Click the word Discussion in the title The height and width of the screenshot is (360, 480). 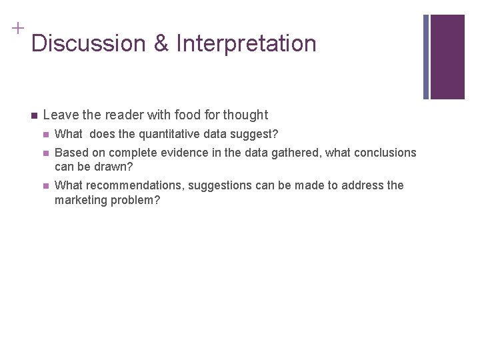pyautogui.click(x=89, y=43)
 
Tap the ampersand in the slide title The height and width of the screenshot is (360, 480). pyautogui.click(x=161, y=43)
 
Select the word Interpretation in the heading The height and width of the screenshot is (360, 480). pyautogui.click(x=246, y=43)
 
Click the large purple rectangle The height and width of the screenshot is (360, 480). pyautogui.click(x=447, y=57)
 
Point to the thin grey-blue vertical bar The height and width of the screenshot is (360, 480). pyautogui.click(x=426, y=57)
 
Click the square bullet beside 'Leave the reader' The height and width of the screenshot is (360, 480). pyautogui.click(x=33, y=115)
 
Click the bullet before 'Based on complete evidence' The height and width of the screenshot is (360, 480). pyautogui.click(x=45, y=153)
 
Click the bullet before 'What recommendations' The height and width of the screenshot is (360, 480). pyautogui.click(x=45, y=186)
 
